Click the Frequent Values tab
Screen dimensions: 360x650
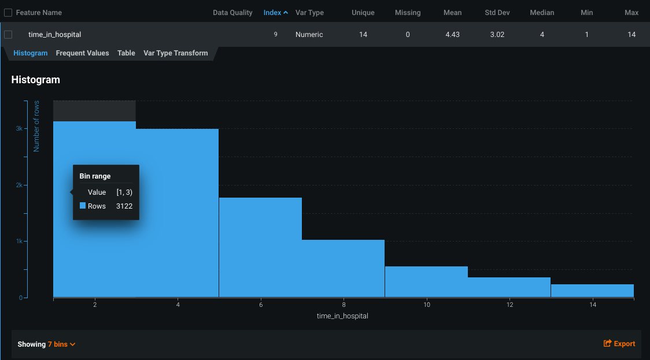(82, 53)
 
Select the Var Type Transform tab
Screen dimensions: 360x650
(175, 53)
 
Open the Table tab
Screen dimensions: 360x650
(126, 53)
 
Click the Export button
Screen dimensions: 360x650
(619, 344)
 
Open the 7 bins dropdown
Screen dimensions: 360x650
(61, 344)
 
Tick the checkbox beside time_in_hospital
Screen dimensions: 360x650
(8, 35)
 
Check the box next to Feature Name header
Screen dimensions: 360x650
(8, 12)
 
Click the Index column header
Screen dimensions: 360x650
(275, 12)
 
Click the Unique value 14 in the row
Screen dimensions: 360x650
(363, 35)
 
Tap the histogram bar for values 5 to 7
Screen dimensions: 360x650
(260, 248)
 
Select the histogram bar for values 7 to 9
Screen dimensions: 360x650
(343, 269)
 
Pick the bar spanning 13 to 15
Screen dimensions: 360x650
(592, 291)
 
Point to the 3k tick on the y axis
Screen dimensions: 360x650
(19, 129)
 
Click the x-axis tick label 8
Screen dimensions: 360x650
(344, 305)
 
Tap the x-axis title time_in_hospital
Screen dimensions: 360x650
(342, 316)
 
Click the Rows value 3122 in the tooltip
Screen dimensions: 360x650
(124, 206)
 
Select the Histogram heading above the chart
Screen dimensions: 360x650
(36, 80)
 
